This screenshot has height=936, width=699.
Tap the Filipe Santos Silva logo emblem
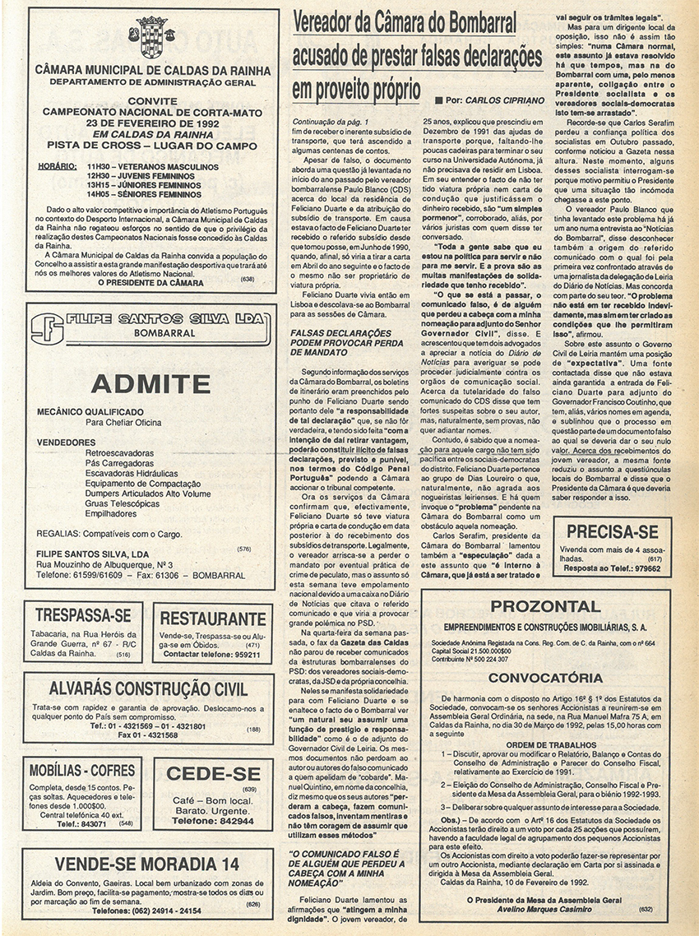click(x=45, y=327)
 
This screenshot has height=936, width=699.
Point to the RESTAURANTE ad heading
click(x=213, y=619)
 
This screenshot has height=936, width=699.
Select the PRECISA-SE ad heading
click(x=612, y=531)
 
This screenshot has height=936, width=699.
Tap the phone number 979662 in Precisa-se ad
click(x=644, y=568)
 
